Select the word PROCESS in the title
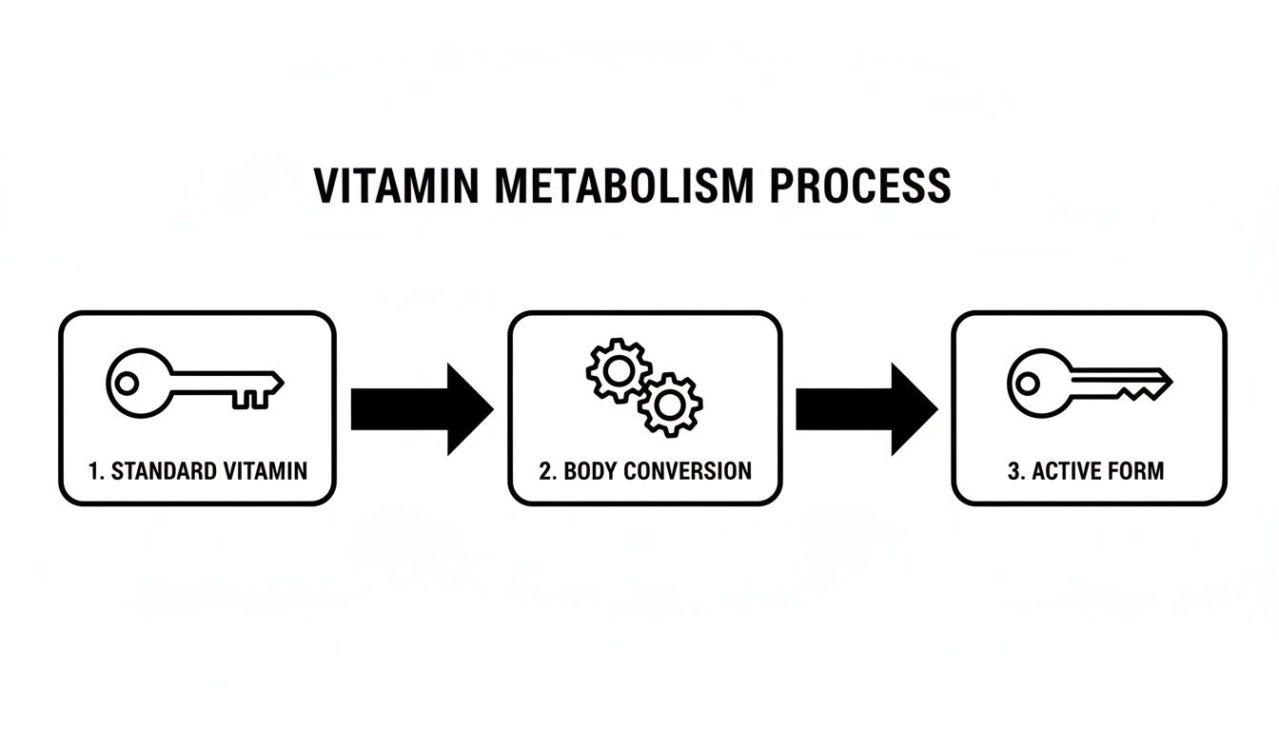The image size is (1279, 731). click(859, 186)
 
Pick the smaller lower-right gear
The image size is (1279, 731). click(670, 405)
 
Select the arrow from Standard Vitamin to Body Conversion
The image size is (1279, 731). click(422, 408)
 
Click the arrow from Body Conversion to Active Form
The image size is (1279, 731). click(866, 408)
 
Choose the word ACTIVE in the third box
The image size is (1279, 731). click(1063, 471)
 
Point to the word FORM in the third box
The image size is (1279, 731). click(1134, 471)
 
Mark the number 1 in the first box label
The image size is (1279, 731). click(93, 471)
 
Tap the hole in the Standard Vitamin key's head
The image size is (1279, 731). click(127, 384)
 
